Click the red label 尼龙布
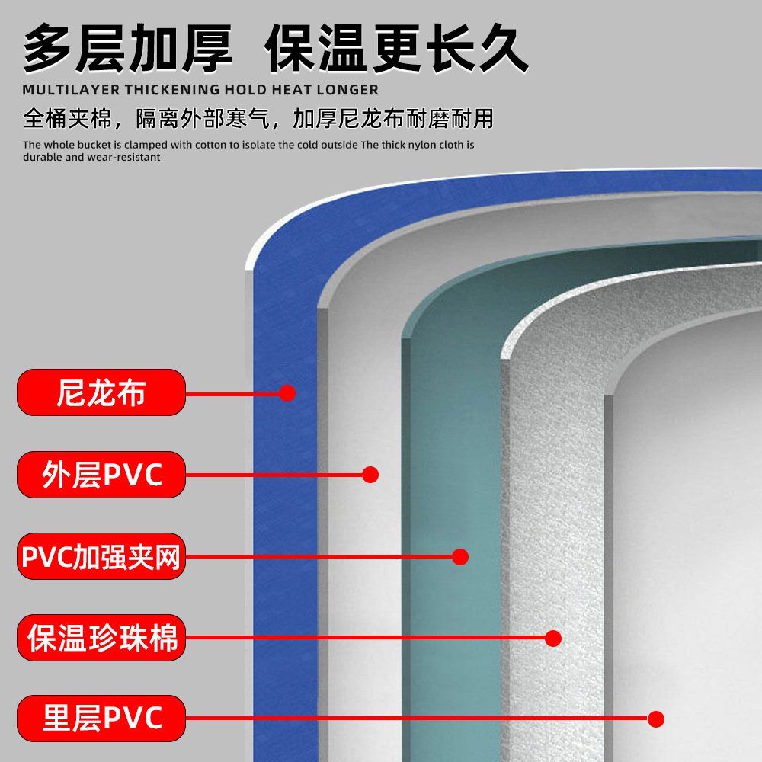coord(101,392)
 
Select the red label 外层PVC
coord(101,475)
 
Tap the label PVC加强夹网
coord(101,556)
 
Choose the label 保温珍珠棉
coord(101,638)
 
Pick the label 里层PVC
coord(101,719)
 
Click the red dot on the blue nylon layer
coord(287,393)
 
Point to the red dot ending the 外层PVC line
coord(370,475)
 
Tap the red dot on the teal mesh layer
coord(459,557)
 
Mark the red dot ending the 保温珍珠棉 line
coord(553,639)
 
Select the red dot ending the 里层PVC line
coord(655,719)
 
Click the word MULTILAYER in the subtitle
coord(66,90)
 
